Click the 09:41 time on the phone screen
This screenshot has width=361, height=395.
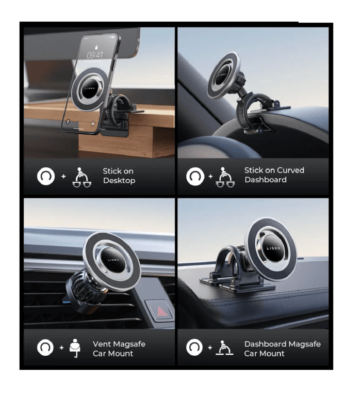pos(95,55)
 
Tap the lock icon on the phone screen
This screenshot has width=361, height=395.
pos(96,47)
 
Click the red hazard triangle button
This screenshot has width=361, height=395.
pos(160,312)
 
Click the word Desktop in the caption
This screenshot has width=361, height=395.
pos(119,181)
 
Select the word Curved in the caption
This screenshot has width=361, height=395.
pos(289,170)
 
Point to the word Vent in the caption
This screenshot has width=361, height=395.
pos(101,344)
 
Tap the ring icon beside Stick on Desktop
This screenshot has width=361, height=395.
pos(46,177)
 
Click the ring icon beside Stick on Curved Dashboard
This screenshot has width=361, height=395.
pos(195,176)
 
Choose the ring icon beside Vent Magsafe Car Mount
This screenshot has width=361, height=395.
pos(45,347)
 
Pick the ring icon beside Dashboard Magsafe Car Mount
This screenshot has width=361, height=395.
pos(194,347)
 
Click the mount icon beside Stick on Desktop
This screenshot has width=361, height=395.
pos(82,177)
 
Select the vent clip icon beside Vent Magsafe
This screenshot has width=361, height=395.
pos(75,348)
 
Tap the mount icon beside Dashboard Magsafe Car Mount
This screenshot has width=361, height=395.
pos(224,348)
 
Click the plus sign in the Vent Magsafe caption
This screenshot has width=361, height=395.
pos(62,347)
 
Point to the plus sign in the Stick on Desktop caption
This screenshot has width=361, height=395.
pos(63,177)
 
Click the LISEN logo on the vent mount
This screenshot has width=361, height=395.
pos(113,260)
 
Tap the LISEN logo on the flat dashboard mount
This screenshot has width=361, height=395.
pos(273,248)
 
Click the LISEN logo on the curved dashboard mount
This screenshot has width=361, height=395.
pos(222,75)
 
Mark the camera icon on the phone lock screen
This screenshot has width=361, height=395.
pos(93,123)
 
